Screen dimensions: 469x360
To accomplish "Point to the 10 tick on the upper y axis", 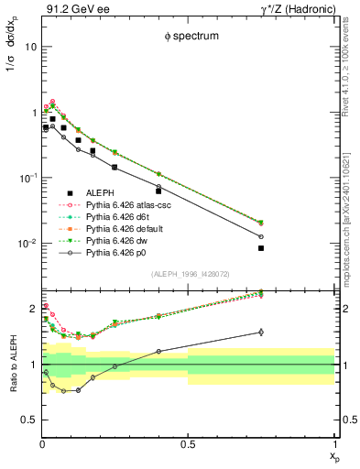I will (30, 46).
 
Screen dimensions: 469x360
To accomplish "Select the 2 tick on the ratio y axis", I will (32, 309).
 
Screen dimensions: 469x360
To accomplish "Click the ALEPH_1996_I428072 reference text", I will (189, 273).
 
